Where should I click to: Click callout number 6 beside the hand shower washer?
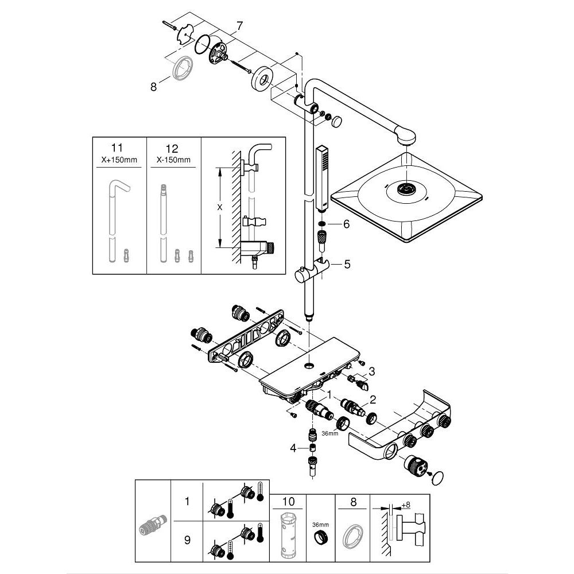point(346,224)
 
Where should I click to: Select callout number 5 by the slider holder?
point(347,265)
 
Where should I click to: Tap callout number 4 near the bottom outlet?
point(293,448)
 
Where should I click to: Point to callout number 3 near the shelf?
point(372,371)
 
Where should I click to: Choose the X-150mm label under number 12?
point(173,160)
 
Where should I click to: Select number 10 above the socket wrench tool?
point(289,501)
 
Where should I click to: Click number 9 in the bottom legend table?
point(186,541)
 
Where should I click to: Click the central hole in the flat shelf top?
point(309,365)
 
